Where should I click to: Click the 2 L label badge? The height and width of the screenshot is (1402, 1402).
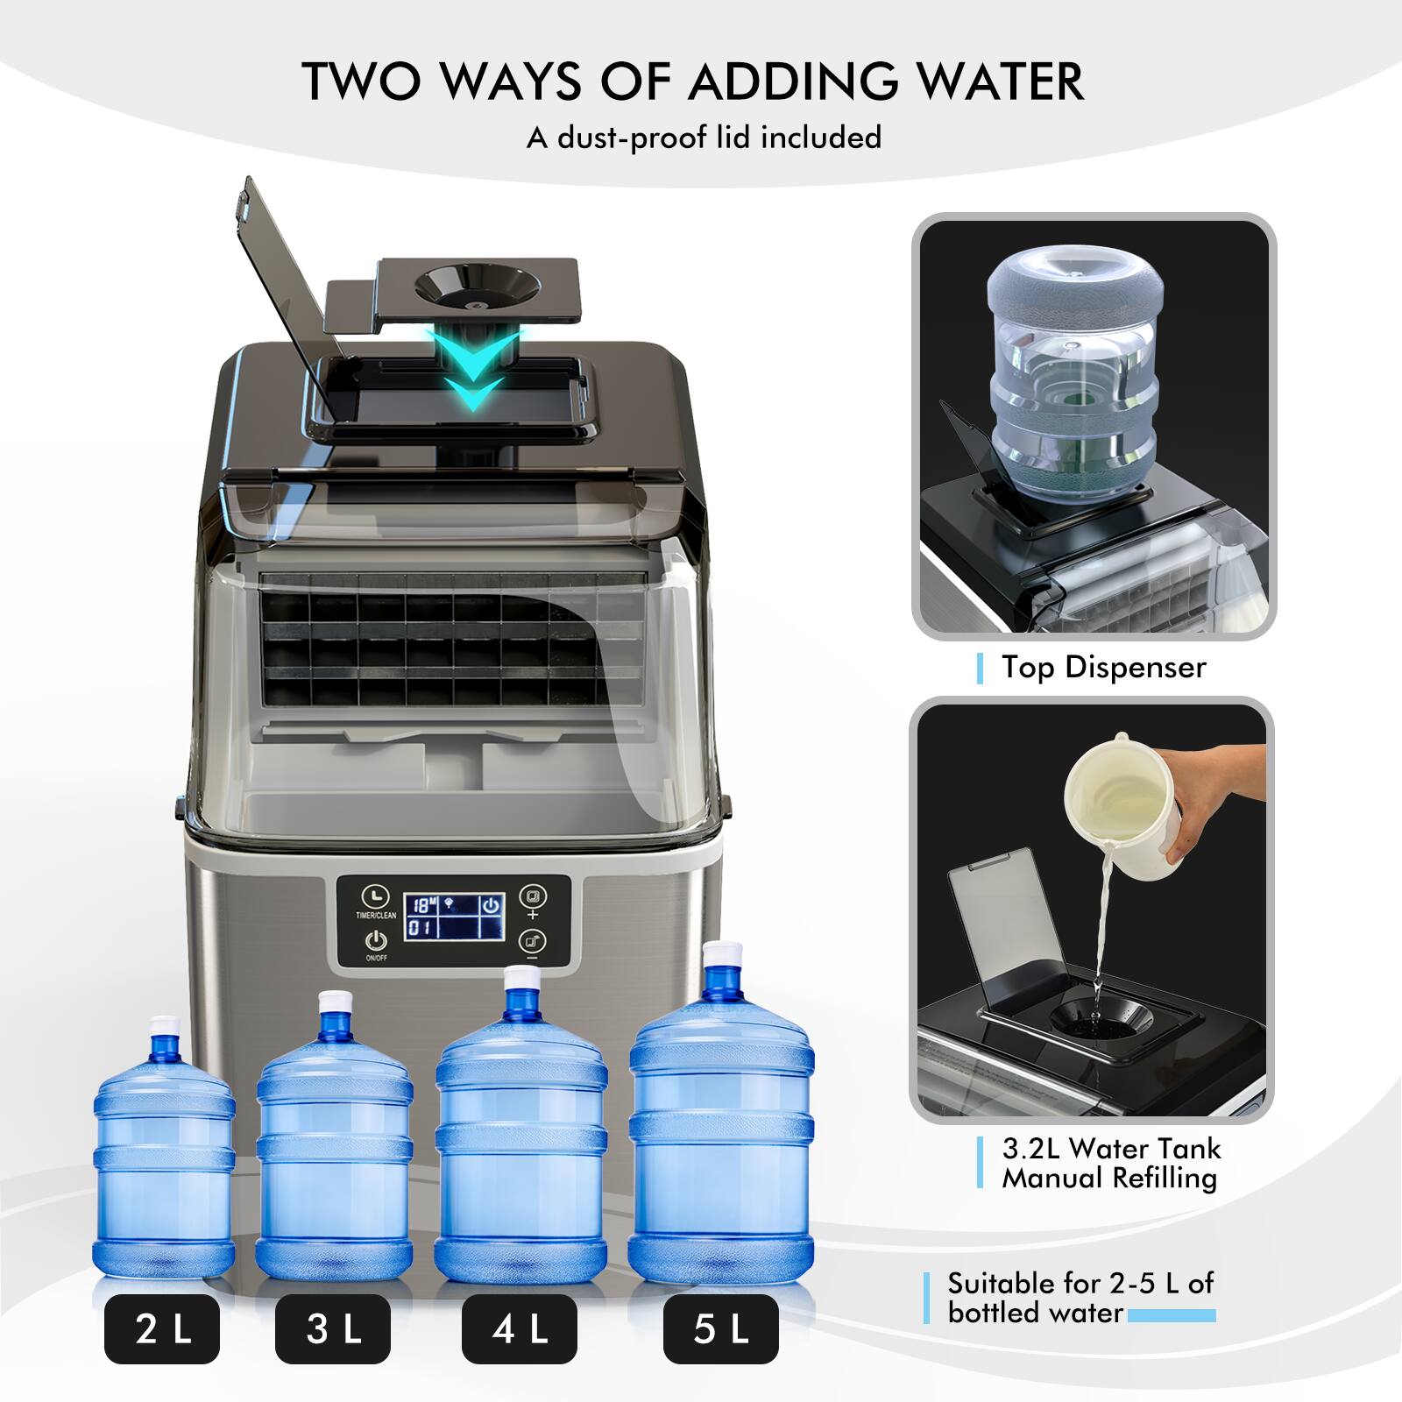[162, 1329]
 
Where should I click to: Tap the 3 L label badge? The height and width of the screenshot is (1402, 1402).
[332, 1329]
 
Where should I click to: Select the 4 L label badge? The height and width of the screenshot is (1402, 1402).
[519, 1329]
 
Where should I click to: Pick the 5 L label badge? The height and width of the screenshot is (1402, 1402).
[720, 1329]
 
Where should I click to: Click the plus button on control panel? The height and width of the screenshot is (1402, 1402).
[532, 898]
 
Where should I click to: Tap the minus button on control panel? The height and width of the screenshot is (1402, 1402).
[532, 944]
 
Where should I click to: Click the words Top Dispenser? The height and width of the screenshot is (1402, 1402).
[1103, 668]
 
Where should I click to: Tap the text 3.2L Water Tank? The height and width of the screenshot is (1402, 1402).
[1110, 1148]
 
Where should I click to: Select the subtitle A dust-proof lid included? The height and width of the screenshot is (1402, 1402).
[703, 138]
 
